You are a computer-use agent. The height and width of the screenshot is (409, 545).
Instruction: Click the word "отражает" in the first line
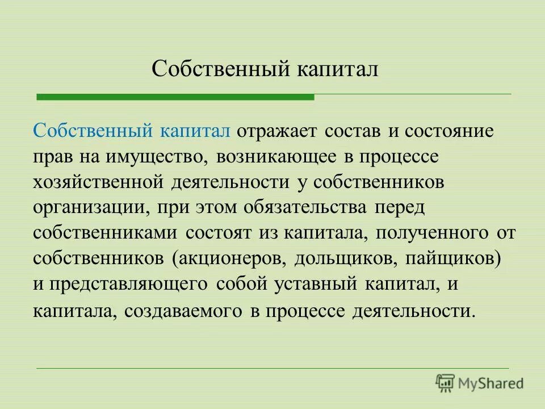(x=278, y=131)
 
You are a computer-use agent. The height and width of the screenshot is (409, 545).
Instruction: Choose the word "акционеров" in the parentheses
(x=228, y=258)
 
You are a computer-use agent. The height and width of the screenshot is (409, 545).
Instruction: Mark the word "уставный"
(x=313, y=284)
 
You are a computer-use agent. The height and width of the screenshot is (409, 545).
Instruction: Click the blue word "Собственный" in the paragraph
(x=92, y=131)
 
